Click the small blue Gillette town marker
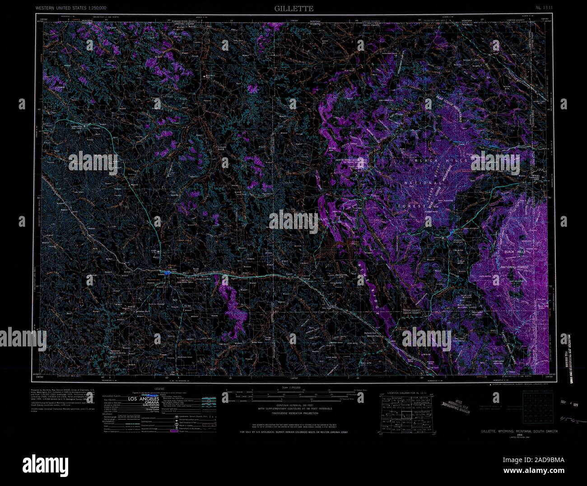pos(167,273)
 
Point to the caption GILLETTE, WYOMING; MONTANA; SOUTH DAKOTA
pos(519,431)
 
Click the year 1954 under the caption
pos(519,435)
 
